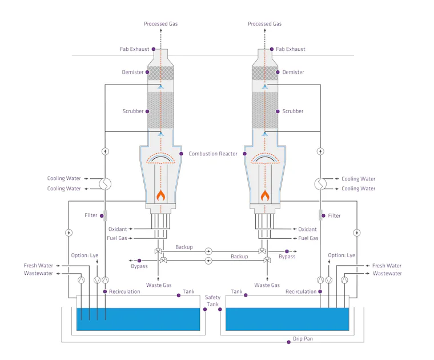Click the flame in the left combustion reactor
pos(161,195)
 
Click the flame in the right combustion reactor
pos(265,195)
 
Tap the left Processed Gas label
pos(160,24)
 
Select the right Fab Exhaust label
pos(291,49)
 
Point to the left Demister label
pos(133,73)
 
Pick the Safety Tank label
pos(212,301)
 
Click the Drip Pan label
pos(303,339)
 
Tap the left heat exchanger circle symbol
pos(105,184)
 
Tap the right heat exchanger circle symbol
pos(320,184)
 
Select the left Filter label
pos(90,215)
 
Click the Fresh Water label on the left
pos(38,266)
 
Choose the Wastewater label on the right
pos(387,274)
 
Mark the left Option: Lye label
pos(85,255)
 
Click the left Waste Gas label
pos(159,285)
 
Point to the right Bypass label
pos(287,257)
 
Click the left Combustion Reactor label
pos(213,154)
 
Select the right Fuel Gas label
pos(308,238)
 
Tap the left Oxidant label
pos(118,229)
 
